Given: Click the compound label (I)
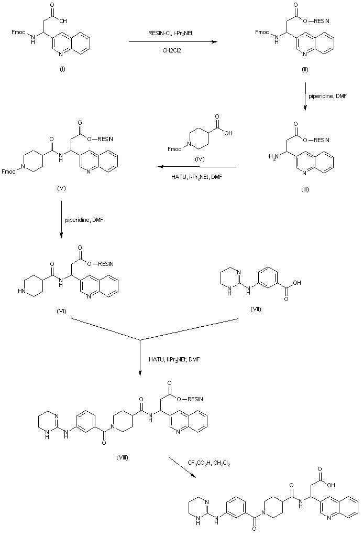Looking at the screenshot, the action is point(62,69).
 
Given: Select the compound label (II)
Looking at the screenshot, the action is point(305,69).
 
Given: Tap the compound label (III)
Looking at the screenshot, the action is point(305,189).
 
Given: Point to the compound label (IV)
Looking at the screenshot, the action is point(200,159).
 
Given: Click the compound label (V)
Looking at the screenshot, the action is point(61,188).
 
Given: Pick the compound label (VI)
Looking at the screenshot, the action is point(61,311).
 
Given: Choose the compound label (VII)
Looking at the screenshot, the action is point(256,309).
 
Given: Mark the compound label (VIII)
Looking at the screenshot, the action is point(122,457).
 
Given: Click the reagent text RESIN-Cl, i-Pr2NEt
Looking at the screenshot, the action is point(173,33).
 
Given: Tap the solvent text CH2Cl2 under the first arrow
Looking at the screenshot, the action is point(172,51).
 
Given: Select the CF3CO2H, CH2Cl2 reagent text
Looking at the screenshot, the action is point(209,463).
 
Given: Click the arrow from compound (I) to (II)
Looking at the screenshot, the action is point(173,42).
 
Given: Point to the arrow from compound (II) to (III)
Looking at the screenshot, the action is point(305,96).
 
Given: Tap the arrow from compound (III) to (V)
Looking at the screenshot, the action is point(196,167).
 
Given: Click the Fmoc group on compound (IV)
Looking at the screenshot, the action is point(174,149).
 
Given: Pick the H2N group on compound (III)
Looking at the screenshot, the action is point(274,156).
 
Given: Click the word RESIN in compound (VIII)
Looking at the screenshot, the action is point(195,399).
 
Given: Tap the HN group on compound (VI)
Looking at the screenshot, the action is point(22,292).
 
